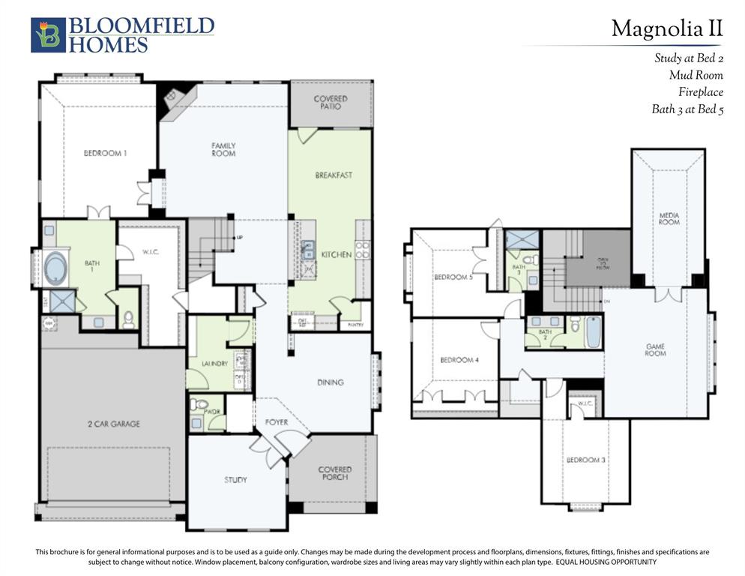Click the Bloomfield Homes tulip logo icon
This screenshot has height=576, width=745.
(x=48, y=35)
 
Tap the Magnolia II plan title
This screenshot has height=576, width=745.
(x=666, y=28)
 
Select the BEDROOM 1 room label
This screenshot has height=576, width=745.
(x=105, y=153)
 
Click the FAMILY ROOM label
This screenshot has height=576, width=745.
(x=223, y=149)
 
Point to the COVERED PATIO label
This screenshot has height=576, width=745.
(x=331, y=103)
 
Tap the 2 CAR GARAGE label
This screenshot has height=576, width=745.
(x=114, y=424)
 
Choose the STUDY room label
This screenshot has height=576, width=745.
(x=235, y=480)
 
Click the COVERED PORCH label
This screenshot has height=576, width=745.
(x=334, y=473)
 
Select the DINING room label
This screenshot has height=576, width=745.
(x=330, y=382)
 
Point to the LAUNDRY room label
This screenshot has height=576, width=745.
(x=214, y=364)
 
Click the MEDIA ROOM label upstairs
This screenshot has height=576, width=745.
(x=669, y=218)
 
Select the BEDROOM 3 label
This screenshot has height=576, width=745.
(x=585, y=460)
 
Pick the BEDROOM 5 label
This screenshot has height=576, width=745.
(x=453, y=277)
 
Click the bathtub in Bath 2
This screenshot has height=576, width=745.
(x=593, y=332)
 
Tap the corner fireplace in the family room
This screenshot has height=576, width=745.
(x=172, y=97)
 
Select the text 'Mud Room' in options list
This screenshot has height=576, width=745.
(x=696, y=75)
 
